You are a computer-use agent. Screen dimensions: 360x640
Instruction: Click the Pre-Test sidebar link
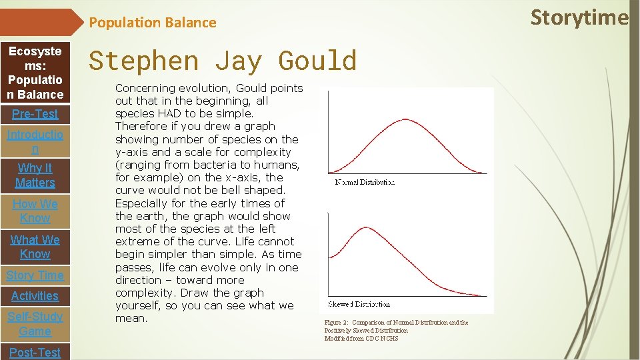click(35, 114)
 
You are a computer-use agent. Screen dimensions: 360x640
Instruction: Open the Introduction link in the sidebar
click(35, 141)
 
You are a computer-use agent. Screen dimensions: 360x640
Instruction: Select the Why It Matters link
click(35, 175)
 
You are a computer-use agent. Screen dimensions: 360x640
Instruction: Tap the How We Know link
click(35, 211)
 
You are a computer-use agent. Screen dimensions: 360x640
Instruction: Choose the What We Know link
click(35, 247)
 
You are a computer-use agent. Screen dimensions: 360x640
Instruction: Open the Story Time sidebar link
click(35, 275)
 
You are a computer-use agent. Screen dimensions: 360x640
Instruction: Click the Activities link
click(35, 296)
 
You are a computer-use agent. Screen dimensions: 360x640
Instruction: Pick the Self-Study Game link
click(35, 324)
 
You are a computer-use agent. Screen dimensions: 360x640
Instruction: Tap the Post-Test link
click(35, 352)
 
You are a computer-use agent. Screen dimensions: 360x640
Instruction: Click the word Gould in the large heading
click(317, 61)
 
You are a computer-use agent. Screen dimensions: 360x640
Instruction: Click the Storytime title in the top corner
click(579, 18)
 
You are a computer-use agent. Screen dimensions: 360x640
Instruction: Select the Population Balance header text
click(153, 23)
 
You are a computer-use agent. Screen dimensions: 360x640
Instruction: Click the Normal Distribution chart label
click(365, 182)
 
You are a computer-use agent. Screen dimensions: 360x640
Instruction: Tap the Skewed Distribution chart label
click(359, 304)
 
